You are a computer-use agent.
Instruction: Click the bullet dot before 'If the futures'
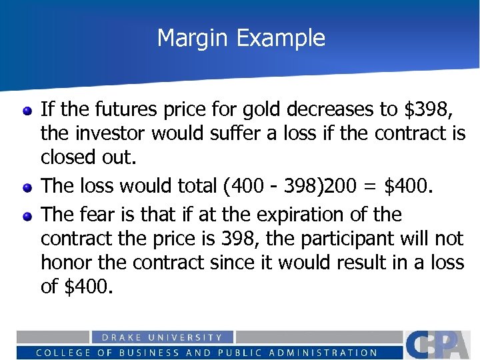click(27, 110)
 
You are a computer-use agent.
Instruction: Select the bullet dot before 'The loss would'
click(27, 188)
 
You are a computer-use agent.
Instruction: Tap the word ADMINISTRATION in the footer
click(329, 353)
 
